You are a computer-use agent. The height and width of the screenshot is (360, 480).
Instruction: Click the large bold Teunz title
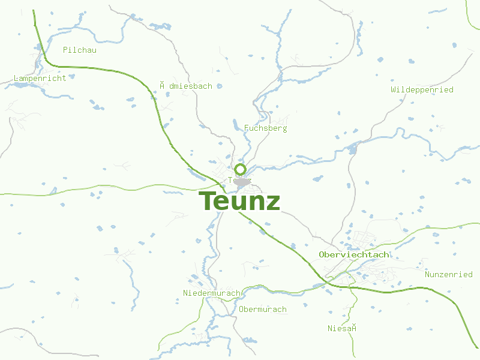click(239, 201)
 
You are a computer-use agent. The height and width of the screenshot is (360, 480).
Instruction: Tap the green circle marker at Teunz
click(240, 169)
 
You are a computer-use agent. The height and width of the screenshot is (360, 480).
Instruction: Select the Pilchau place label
click(80, 50)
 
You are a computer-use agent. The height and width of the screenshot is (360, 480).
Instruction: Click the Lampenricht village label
click(40, 79)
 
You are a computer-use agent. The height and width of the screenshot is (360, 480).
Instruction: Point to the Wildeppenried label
click(422, 90)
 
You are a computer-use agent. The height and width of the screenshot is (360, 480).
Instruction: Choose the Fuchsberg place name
click(266, 128)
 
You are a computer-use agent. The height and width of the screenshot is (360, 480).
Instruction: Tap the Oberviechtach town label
click(354, 255)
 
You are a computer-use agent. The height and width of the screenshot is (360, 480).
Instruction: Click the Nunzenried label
click(449, 275)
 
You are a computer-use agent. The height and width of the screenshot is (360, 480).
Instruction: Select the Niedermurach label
click(212, 293)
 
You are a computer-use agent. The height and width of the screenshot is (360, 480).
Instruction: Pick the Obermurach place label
click(263, 310)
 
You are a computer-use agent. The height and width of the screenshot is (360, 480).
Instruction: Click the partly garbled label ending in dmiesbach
click(186, 86)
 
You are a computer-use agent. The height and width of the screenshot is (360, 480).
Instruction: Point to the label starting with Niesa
click(343, 328)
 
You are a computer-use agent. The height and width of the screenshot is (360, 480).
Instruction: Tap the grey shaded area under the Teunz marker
click(242, 181)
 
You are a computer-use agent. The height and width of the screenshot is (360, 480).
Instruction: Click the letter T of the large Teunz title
click(207, 201)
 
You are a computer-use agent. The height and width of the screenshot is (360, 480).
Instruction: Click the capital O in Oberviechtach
click(322, 255)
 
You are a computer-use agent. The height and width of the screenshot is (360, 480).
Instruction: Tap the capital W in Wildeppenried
click(394, 90)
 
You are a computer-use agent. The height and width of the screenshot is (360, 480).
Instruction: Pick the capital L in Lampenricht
click(16, 79)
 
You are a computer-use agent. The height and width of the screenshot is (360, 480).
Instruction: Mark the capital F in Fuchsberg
click(247, 128)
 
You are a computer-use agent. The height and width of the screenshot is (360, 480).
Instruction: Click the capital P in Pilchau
click(65, 50)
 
